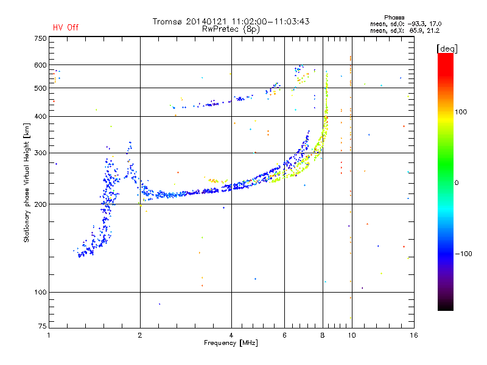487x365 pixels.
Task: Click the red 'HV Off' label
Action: coord(66,27)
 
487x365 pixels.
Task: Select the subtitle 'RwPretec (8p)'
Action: coord(231,29)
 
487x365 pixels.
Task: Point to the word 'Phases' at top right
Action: coord(394,18)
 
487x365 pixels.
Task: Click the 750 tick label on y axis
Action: coord(40,38)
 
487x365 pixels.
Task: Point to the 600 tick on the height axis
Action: coord(40,65)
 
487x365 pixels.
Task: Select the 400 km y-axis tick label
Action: coord(40,116)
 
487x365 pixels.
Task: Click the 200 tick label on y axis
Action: coord(40,204)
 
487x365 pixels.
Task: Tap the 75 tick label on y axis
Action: coord(43,326)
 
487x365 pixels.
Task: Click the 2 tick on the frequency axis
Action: coord(140,335)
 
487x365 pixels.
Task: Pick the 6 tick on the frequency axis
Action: coord(284,335)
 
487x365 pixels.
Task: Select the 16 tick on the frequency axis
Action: coord(414,335)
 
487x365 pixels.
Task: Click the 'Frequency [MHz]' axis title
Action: coord(231,343)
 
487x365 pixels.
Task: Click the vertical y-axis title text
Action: coord(27,182)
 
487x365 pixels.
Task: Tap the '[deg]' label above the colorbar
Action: coord(447,49)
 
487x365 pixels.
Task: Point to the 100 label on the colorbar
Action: coord(461,112)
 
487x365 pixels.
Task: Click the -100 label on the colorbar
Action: coord(464,254)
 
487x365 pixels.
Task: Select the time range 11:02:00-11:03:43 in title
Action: coord(270,21)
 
